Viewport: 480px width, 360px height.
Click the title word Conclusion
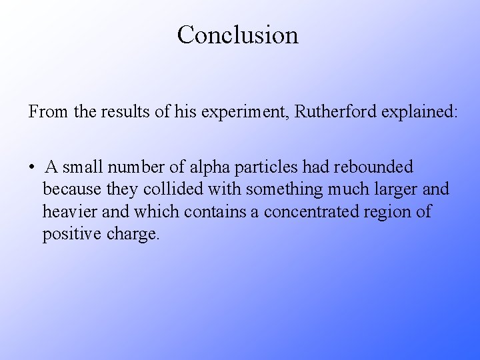point(238,35)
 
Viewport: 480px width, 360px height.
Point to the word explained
point(420,111)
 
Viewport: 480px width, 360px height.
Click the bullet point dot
point(32,167)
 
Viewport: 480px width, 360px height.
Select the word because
point(72,189)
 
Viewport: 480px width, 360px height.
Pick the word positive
point(69,235)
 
